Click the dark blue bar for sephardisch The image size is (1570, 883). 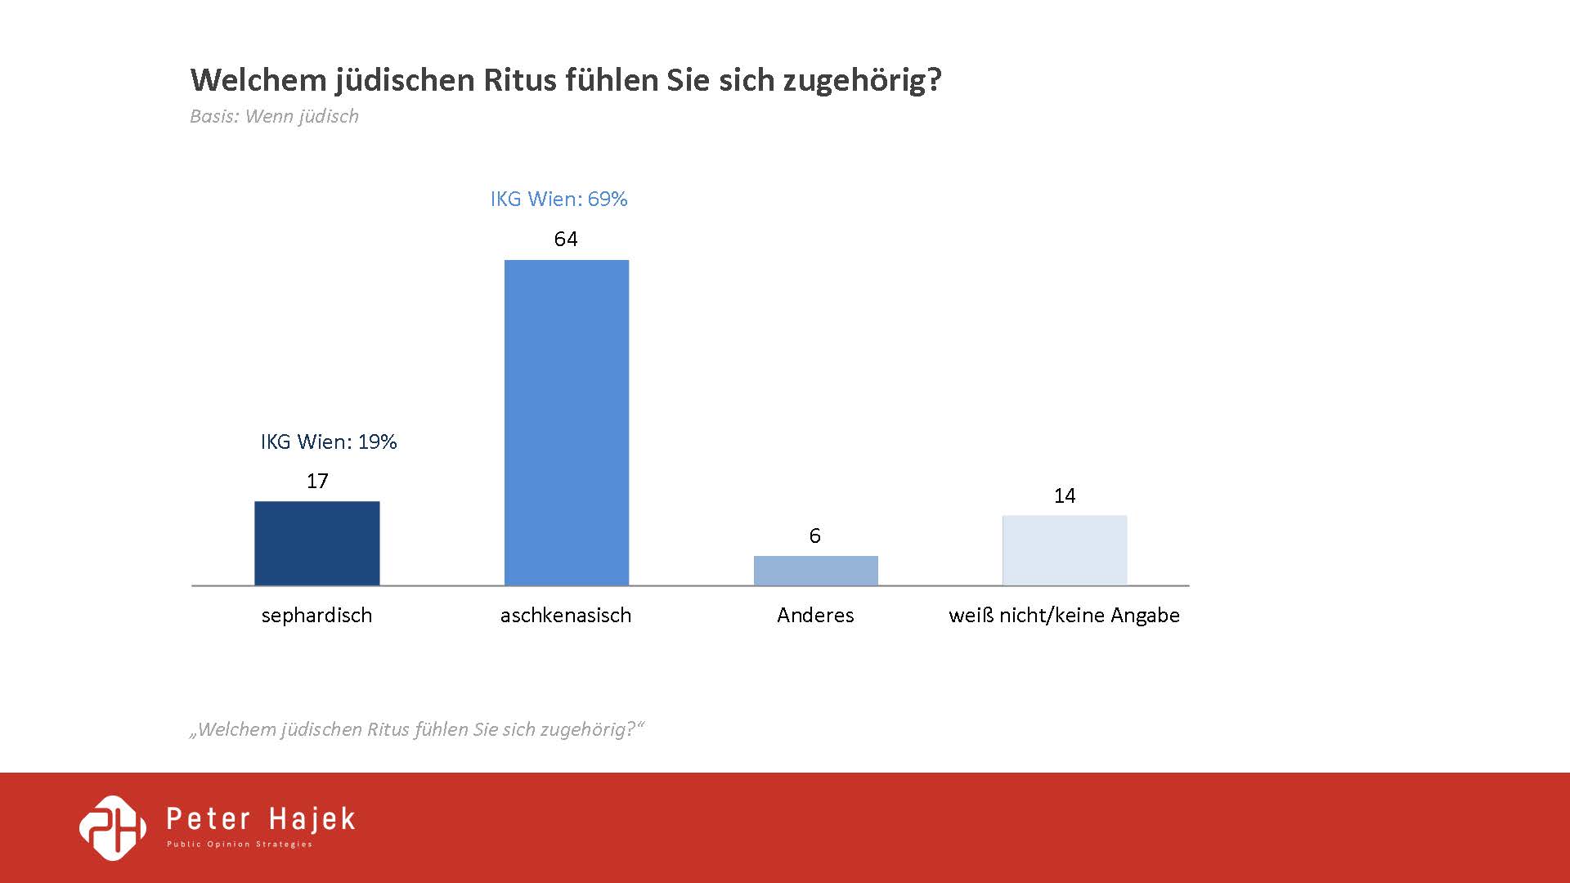[317, 543]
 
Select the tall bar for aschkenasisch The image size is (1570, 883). [567, 422]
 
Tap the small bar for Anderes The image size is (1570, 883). [815, 571]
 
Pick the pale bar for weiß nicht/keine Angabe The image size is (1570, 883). [1065, 550]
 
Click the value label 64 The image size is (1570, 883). [566, 239]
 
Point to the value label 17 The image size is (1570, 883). [317, 481]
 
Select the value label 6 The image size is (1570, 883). [814, 536]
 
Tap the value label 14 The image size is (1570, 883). [1065, 495]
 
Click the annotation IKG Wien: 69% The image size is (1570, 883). [559, 199]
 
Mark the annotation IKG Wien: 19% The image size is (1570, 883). [329, 441]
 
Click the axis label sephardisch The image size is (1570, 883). [316, 615]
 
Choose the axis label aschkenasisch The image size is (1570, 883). [566, 615]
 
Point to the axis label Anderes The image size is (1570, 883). [815, 615]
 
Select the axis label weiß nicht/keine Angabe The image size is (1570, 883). [1064, 615]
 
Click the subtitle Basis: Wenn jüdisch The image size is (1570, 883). [274, 116]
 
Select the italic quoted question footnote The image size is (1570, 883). [417, 729]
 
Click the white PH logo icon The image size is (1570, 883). [113, 827]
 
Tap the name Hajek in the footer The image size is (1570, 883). [312, 819]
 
